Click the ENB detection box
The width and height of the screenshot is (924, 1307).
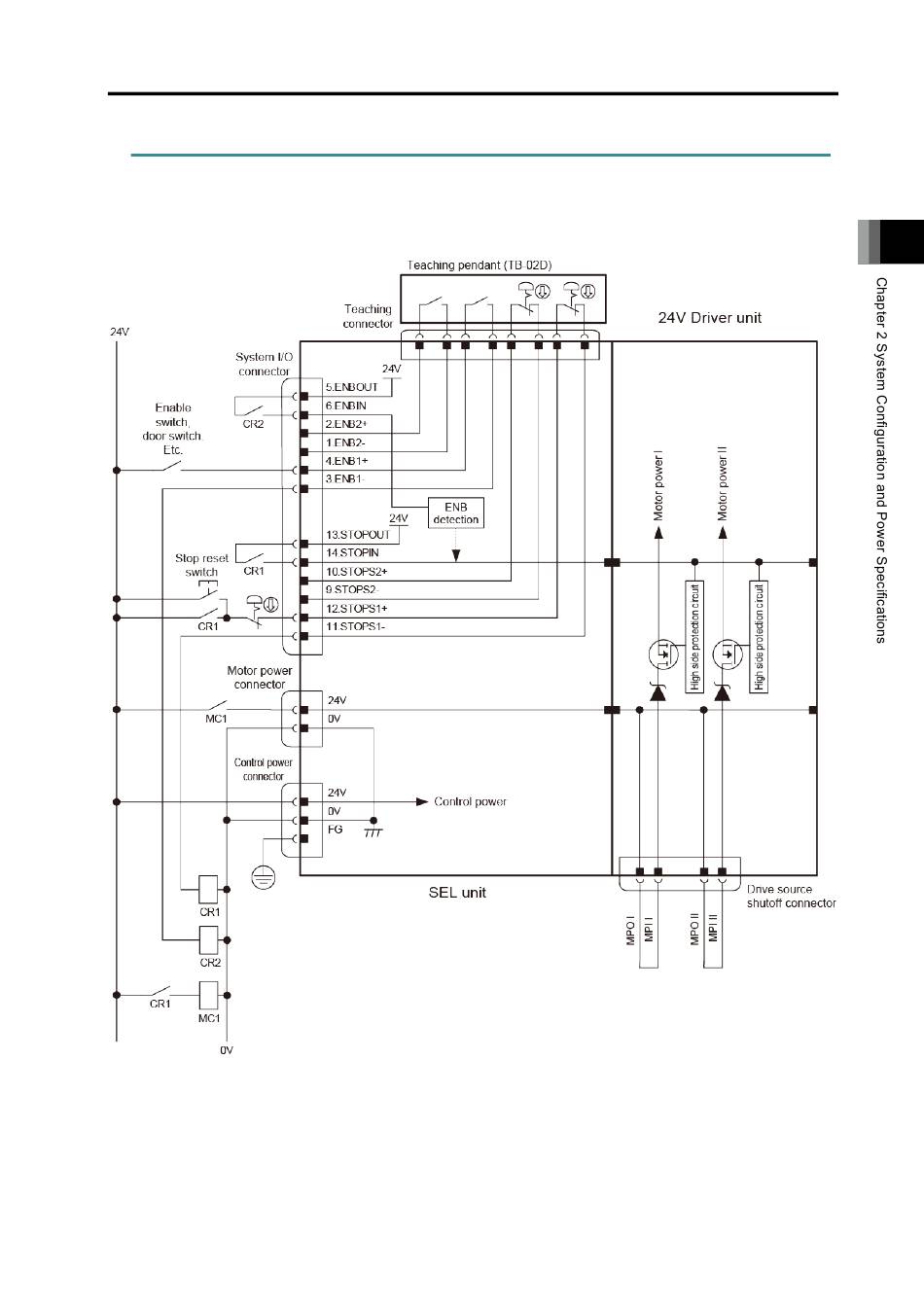pos(456,512)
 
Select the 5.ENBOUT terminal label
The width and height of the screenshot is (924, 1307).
pos(352,387)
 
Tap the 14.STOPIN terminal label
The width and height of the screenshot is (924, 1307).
pos(352,552)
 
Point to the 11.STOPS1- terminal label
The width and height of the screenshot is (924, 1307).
pos(355,626)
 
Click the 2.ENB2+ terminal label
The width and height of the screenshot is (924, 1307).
pos(346,424)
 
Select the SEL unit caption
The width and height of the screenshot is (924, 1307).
pos(457,892)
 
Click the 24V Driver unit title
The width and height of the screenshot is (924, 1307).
pos(710,318)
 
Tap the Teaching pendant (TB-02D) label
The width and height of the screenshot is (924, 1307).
pos(480,265)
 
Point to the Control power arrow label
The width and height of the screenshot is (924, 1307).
pos(470,801)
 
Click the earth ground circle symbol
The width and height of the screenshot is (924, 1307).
pos(264,877)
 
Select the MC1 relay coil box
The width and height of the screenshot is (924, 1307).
pos(208,995)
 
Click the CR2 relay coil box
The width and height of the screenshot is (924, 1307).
pos(208,940)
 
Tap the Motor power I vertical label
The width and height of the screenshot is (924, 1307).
pos(658,485)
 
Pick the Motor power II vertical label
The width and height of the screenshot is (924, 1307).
pos(723,483)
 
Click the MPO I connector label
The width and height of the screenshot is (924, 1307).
pos(630,932)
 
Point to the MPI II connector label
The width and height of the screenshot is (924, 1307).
pos(713,927)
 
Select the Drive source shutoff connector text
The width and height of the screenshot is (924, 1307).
pos(791,897)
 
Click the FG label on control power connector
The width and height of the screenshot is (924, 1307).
pos(335,830)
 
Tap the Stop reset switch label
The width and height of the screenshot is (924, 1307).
pos(202,565)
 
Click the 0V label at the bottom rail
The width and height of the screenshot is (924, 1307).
pos(227,1050)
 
